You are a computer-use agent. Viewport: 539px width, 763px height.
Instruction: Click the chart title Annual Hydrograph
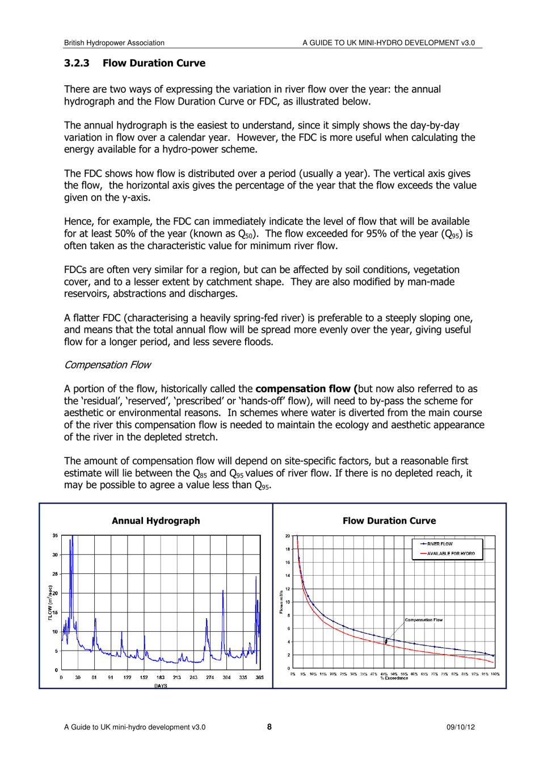[155, 521]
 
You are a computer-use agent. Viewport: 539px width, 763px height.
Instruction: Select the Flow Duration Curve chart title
[389, 521]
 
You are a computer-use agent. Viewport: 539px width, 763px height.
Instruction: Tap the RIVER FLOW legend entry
[440, 544]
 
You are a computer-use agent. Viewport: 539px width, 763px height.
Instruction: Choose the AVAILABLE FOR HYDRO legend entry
[450, 554]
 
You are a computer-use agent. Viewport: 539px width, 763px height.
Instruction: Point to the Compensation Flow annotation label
[424, 620]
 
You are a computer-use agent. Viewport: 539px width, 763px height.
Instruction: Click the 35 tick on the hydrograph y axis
[55, 535]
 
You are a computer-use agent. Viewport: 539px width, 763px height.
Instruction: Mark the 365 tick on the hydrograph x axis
[259, 677]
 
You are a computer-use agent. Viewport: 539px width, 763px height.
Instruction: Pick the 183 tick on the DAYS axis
[161, 677]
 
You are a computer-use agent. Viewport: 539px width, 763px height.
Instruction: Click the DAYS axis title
[161, 685]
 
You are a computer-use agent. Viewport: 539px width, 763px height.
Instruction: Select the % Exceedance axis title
[394, 678]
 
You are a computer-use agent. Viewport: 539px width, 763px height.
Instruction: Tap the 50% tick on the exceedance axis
[394, 674]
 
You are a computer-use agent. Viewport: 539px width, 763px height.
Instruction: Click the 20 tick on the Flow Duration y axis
[288, 536]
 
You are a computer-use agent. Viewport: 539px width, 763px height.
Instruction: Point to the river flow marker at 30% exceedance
[353, 630]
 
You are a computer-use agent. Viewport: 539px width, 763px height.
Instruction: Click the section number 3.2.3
[77, 63]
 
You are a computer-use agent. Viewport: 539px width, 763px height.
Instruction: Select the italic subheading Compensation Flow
[107, 364]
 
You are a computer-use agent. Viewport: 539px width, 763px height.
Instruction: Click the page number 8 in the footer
[269, 727]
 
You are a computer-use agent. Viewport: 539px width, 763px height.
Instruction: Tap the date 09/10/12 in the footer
[460, 727]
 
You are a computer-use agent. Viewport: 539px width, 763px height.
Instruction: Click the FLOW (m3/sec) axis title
[50, 602]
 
